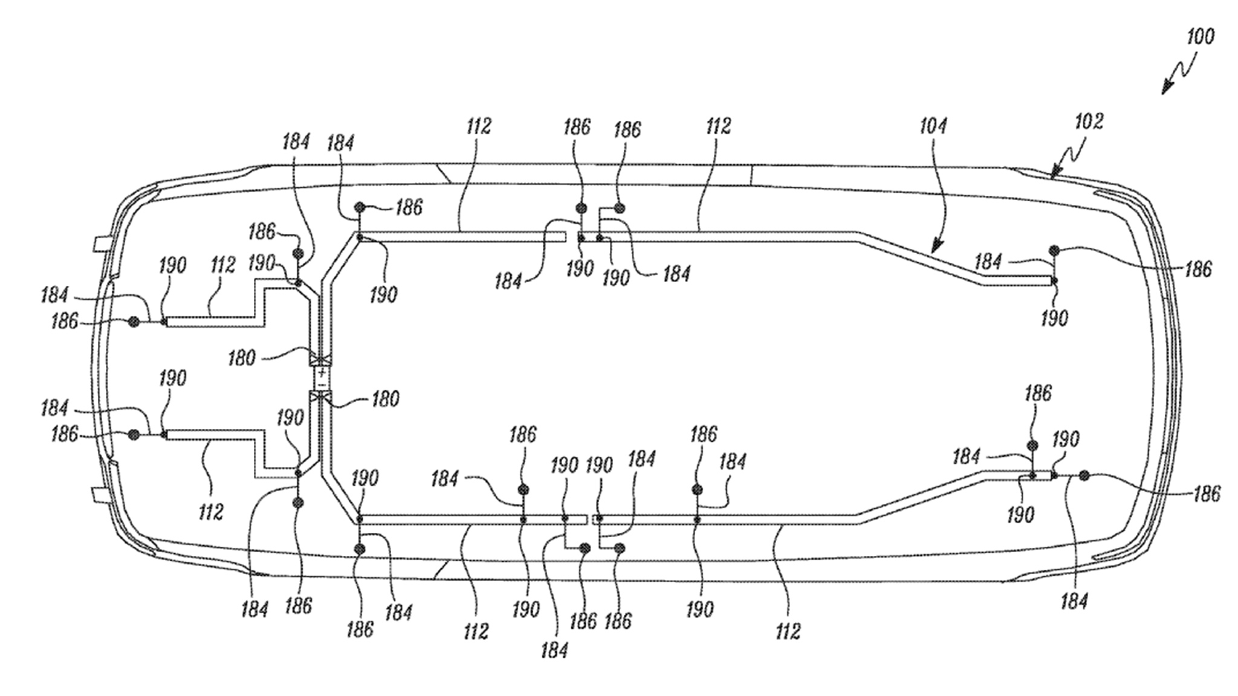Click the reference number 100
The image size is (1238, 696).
[x=1200, y=37]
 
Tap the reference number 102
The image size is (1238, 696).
[x=1089, y=121]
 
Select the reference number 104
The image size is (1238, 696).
[x=933, y=126]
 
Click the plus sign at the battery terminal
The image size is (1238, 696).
[x=321, y=373]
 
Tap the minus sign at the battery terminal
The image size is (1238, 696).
[x=321, y=384]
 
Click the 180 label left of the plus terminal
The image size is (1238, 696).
[x=242, y=358]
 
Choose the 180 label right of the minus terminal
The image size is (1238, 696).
[x=385, y=399]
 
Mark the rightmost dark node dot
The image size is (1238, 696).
[x=1084, y=476]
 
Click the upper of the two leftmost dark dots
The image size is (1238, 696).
[x=134, y=323]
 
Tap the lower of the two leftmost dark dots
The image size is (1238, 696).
[x=134, y=434]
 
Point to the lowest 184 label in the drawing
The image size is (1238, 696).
[x=554, y=650]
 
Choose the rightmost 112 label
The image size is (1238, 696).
[x=788, y=631]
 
